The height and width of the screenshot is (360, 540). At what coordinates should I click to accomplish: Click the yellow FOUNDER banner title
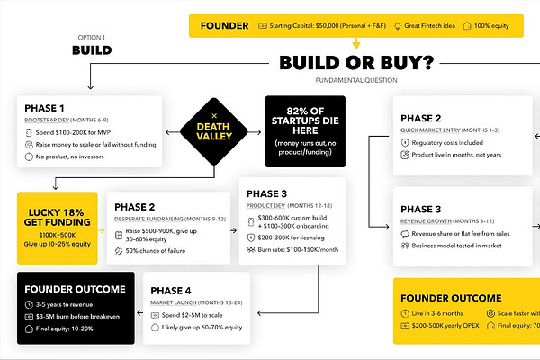point(224,26)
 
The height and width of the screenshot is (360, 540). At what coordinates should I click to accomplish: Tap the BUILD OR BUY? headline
point(355,65)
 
